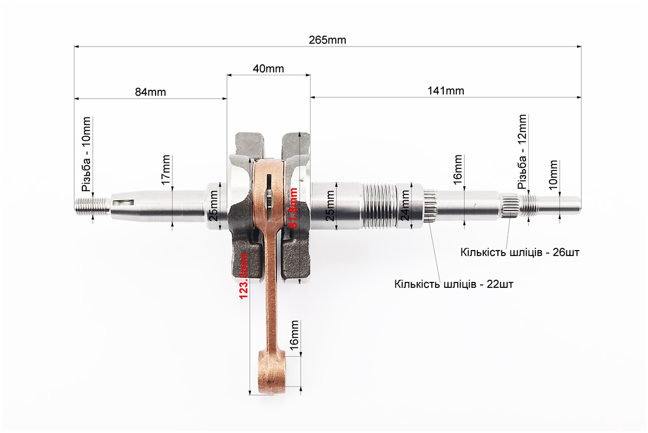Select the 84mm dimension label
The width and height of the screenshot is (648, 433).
(x=150, y=91)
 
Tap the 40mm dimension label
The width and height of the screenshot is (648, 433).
(x=268, y=69)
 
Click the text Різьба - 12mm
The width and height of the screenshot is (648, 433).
(x=522, y=151)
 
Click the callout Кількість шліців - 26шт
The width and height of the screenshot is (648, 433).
(x=520, y=252)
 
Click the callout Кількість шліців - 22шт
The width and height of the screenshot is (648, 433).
(x=454, y=284)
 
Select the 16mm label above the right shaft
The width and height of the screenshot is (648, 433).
(x=458, y=168)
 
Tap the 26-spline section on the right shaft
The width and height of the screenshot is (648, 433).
(x=510, y=206)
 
